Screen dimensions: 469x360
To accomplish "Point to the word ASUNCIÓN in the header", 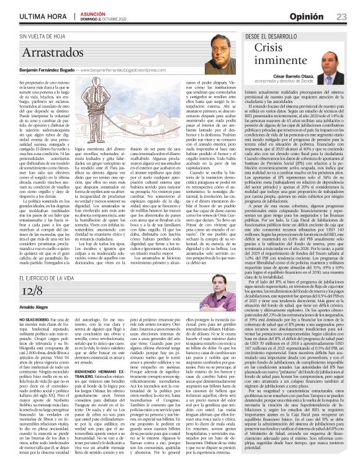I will click(93, 13).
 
